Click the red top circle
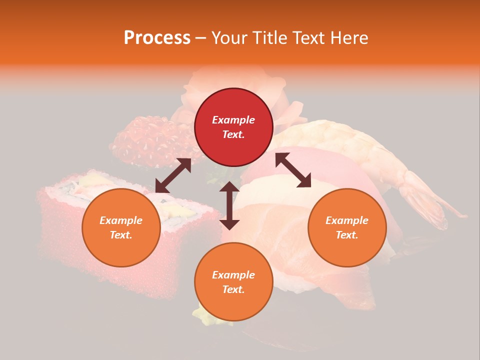pos(233,127)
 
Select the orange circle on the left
pos(121,227)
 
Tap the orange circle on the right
pos(347,227)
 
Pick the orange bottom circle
pos(233,281)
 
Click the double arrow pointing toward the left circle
pos(173,175)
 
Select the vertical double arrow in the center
pos(229,205)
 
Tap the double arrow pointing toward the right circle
pos(293,170)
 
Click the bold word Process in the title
pos(157,37)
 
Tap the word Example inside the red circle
pos(233,120)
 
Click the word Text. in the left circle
pos(121,235)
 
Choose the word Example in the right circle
pos(347,220)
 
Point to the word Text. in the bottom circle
pos(233,289)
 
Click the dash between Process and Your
pos(200,38)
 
